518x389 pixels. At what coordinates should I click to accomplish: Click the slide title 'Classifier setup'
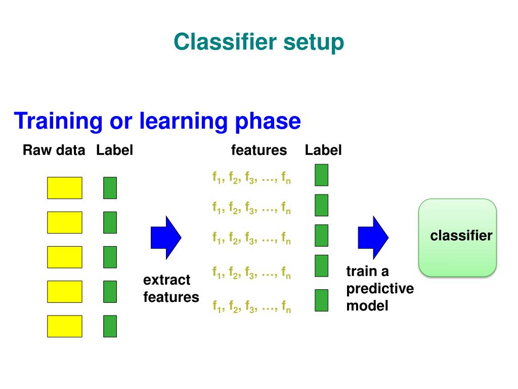point(258,42)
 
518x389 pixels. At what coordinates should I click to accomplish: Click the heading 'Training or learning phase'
point(157,122)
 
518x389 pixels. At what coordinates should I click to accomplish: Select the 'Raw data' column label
point(54,150)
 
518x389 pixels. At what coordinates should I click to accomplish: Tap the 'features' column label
point(258,150)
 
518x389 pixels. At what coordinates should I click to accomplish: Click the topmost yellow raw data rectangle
point(64,188)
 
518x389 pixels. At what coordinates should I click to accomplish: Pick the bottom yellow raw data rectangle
point(64,326)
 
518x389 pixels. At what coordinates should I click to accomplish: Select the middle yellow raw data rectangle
point(64,257)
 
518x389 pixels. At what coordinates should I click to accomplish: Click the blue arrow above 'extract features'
point(166,237)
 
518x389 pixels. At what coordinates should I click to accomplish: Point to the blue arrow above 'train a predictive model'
point(373,237)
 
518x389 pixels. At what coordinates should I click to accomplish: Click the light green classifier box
point(458,238)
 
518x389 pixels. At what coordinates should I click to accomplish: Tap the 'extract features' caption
point(171,289)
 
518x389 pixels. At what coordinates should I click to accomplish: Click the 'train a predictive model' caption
point(379,289)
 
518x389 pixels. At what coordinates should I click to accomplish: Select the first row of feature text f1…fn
point(251,178)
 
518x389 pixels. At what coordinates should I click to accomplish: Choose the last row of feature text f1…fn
point(251,306)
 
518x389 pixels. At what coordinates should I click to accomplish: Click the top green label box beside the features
point(321,175)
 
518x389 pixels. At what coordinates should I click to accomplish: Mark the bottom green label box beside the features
point(321,300)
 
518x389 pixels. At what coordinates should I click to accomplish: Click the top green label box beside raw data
point(110,188)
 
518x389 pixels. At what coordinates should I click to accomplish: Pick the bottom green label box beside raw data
point(110,326)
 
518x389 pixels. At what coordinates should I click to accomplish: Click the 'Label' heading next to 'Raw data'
point(114,150)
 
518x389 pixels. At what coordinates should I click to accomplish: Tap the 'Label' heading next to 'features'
point(323,150)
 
